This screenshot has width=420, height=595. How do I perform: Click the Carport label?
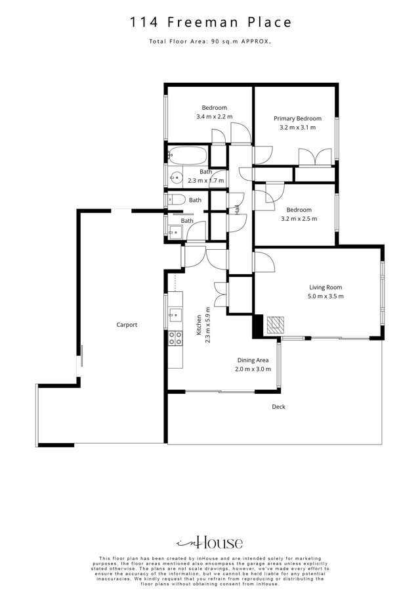(127, 325)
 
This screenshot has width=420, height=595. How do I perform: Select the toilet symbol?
(175, 200)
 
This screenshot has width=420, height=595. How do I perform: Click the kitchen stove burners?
(175, 338)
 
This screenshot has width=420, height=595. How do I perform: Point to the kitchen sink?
(175, 315)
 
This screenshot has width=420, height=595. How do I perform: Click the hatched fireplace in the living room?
(276, 323)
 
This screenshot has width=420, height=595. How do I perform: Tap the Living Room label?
(326, 287)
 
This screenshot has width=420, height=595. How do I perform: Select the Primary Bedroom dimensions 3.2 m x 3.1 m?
(297, 128)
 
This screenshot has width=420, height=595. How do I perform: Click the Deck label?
(279, 407)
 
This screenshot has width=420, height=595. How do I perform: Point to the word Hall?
(237, 210)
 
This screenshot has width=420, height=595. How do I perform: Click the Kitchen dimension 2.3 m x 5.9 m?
(208, 322)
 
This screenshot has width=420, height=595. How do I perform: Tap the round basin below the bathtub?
(176, 176)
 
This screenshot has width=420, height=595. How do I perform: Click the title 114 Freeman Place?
(210, 22)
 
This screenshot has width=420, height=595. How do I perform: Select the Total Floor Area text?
(210, 41)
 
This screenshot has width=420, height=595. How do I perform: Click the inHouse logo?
(210, 543)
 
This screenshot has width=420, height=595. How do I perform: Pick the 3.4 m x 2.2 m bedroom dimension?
(215, 116)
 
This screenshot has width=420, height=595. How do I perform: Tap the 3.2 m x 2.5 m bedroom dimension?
(299, 219)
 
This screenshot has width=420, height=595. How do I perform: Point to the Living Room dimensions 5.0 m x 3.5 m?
(326, 296)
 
